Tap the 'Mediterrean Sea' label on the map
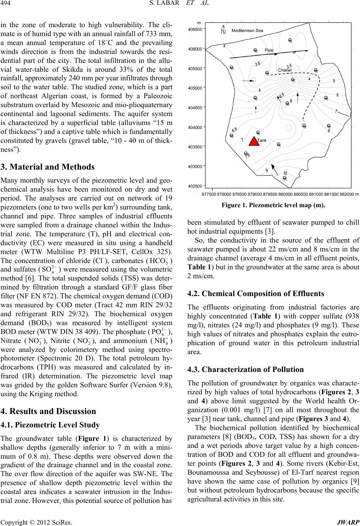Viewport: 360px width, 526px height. pos(248,30)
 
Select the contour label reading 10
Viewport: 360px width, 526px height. pos(285,173)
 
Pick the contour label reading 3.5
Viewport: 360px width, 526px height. pos(258,64)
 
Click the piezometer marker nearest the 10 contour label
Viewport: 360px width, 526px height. pos(285,178)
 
